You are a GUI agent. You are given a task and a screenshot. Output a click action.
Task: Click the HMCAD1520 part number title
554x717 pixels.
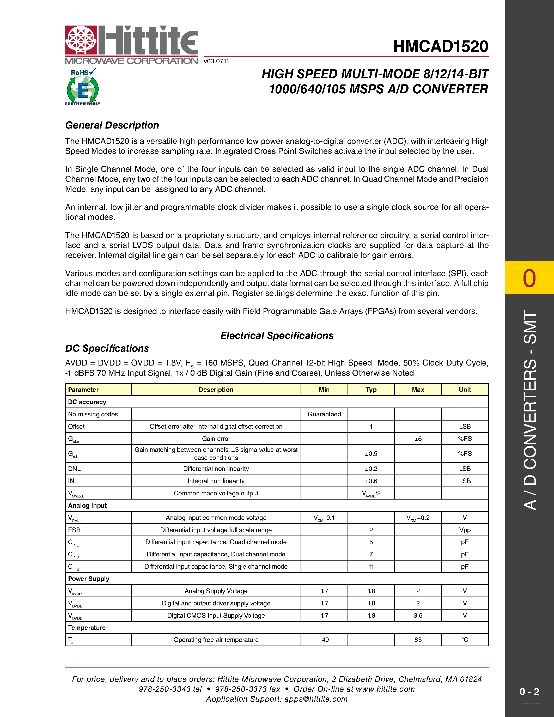[440, 46]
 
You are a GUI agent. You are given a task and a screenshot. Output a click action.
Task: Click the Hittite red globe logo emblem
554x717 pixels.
[81, 40]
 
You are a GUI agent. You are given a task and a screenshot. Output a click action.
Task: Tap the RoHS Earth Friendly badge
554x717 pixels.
[83, 87]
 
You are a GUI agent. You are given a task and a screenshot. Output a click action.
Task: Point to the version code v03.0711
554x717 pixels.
[216, 61]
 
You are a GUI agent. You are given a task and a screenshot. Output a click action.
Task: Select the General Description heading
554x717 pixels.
[112, 125]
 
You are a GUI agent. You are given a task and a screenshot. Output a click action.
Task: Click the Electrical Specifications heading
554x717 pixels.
[277, 336]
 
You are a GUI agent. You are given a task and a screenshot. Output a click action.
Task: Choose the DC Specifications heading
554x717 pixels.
[107, 348]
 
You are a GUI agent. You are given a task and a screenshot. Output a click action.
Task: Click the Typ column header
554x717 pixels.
[371, 390]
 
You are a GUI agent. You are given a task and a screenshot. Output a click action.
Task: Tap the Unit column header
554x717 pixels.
[465, 390]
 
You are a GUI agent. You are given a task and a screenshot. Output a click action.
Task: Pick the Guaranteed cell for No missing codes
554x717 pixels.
[324, 414]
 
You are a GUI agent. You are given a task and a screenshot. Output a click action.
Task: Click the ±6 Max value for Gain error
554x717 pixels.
[418, 439]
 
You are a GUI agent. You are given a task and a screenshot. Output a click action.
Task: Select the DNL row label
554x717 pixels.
[74, 469]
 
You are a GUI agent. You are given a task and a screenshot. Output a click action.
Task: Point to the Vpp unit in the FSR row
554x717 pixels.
[465, 530]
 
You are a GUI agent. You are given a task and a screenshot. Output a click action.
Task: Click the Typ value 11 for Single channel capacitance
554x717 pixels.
[371, 567]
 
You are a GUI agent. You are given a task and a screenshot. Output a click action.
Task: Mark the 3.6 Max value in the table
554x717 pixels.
[418, 616]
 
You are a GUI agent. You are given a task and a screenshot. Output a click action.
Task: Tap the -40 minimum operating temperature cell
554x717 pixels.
[324, 640]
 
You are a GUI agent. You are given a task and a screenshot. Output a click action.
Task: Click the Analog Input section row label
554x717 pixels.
[87, 506]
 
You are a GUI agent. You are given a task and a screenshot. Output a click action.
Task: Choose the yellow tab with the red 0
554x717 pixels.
[529, 278]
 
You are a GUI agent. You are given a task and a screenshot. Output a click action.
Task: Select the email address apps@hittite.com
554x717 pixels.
[316, 699]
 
